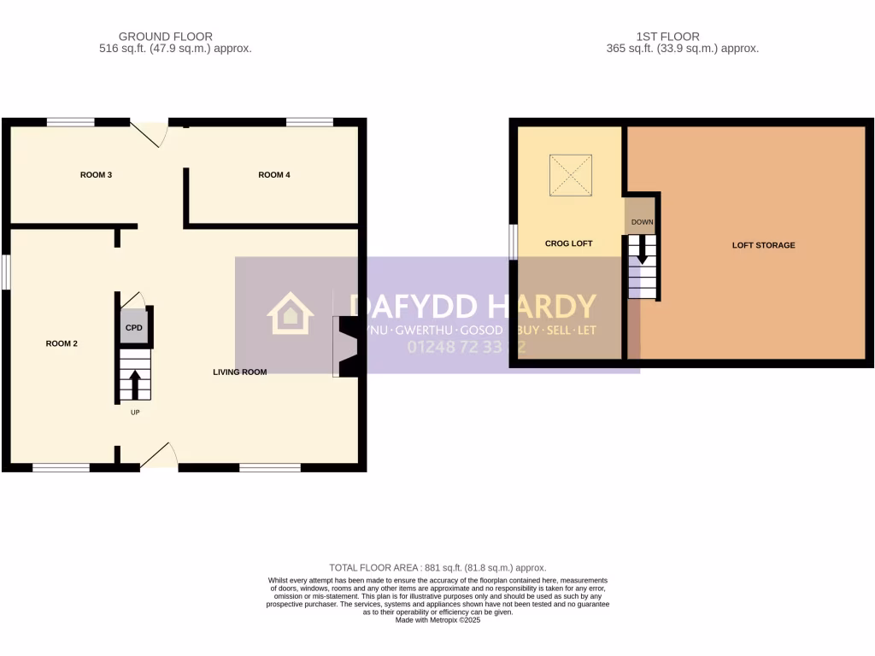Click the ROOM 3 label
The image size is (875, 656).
(97, 175)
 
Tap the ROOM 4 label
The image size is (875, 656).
(274, 175)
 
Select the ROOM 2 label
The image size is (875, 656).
(62, 344)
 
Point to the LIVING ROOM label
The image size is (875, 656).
(240, 372)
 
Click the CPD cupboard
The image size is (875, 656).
(134, 329)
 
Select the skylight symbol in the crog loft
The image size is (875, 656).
(570, 174)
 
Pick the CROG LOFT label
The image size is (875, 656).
(569, 244)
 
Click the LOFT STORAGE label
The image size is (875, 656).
(763, 245)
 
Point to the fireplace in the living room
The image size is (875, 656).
(347, 346)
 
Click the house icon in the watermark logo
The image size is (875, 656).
(291, 313)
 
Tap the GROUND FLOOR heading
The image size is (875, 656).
(166, 37)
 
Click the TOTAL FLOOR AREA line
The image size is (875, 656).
(437, 568)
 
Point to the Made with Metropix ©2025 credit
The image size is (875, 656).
(437, 621)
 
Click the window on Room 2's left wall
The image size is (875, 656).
(5, 272)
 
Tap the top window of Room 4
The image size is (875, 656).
(309, 122)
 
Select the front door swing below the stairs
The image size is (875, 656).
(159, 457)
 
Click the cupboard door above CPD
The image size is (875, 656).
(133, 299)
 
